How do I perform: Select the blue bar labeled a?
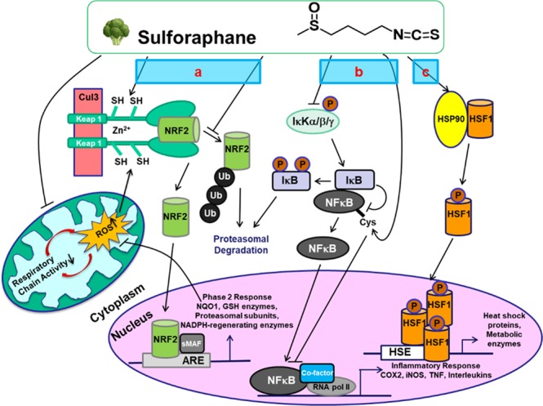pos(198,72)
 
